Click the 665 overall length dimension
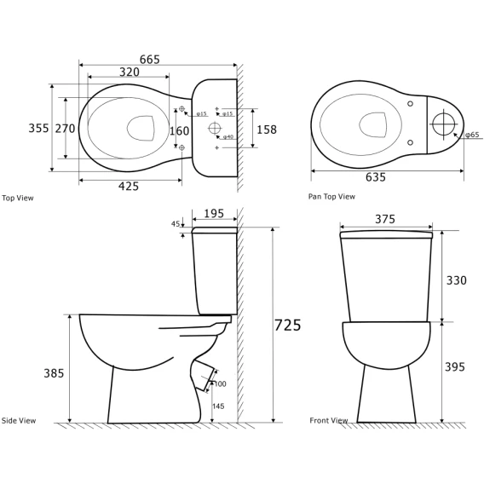[x=150, y=60]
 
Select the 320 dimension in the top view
[x=130, y=72]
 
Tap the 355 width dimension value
[x=38, y=128]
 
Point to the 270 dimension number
[x=65, y=128]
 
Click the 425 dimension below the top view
[x=129, y=186]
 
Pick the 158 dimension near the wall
[x=267, y=130]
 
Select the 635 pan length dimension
[x=376, y=177]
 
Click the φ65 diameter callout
[x=472, y=135]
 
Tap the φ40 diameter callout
[x=228, y=136]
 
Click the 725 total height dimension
[x=288, y=325]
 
